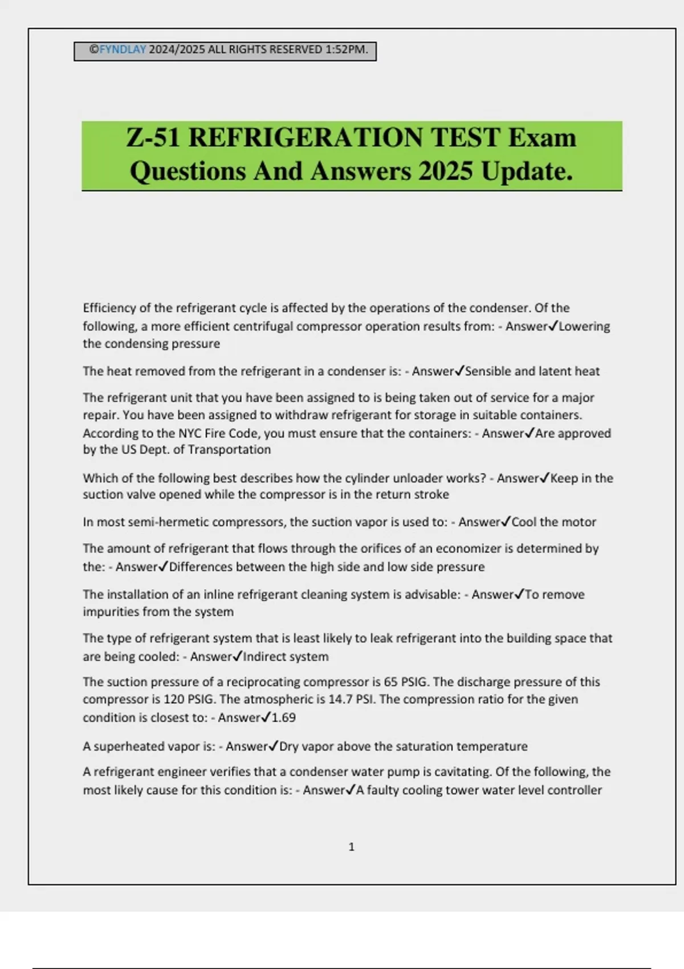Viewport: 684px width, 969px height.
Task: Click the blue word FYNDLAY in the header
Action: click(123, 50)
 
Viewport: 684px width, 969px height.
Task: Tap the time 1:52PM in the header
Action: click(346, 50)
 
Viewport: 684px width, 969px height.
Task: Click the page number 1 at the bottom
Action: click(351, 847)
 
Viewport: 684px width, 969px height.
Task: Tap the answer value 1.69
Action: click(283, 718)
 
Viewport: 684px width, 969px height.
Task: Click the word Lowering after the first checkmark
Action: click(584, 327)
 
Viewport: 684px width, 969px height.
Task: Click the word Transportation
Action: click(230, 450)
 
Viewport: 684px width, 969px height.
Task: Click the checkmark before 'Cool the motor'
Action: click(506, 522)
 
